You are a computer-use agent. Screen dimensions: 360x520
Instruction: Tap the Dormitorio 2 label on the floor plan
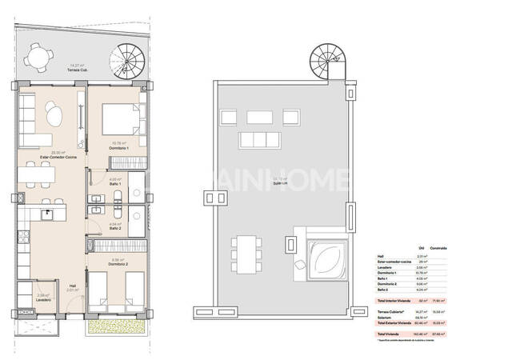pyautogui.click(x=117, y=264)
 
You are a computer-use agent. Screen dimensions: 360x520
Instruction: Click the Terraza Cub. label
pyautogui.click(x=78, y=71)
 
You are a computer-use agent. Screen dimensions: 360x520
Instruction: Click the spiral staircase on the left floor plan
pyautogui.click(x=125, y=58)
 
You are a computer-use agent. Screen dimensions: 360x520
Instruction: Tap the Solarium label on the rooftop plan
pyautogui.click(x=280, y=183)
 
